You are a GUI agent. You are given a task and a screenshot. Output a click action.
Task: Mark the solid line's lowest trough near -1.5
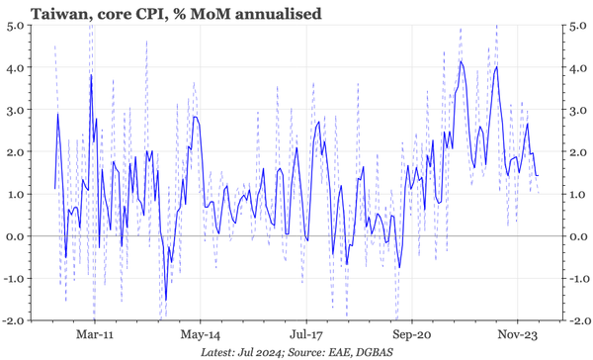[x=166, y=299]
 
